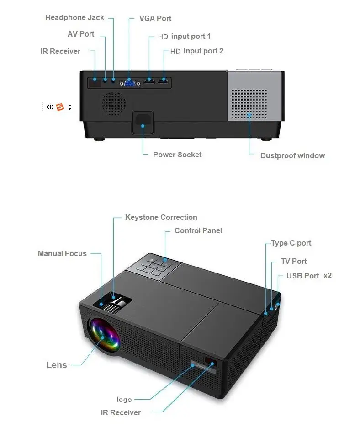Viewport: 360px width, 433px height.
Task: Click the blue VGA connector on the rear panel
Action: (129, 83)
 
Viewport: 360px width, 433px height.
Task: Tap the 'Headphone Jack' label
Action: (74, 18)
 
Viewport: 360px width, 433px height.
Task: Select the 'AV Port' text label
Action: (81, 34)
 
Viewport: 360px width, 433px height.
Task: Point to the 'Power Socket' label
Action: (177, 155)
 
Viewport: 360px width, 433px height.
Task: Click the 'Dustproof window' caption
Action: (292, 155)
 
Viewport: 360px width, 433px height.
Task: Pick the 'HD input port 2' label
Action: (197, 51)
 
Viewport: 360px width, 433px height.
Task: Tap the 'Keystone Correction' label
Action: (161, 218)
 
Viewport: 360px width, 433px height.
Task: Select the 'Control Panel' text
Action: (198, 231)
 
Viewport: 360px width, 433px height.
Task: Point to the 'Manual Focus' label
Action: (62, 253)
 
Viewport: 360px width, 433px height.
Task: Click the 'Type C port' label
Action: (291, 243)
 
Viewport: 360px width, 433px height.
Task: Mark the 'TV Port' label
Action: (294, 261)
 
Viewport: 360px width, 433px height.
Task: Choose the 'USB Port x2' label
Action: (309, 276)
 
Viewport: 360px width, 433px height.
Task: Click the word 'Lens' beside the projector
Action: (57, 365)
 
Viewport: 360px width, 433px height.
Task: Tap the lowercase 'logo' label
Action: (124, 400)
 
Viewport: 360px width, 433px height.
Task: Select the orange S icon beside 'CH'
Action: (60, 107)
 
